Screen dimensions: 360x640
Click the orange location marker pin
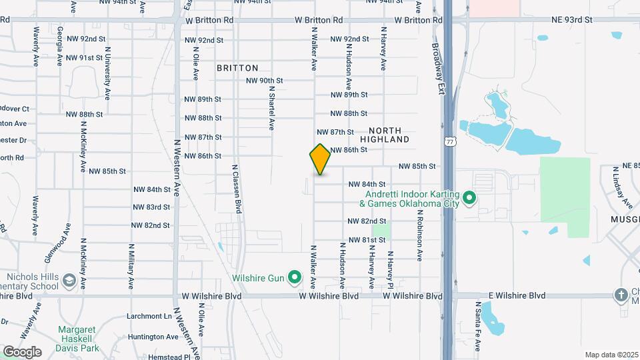coord(320,159)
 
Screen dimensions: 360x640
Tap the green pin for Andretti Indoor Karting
coord(469,198)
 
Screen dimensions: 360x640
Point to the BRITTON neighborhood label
coord(237,68)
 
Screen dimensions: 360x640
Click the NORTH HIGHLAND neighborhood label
coord(385,135)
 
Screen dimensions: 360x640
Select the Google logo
coord(22,351)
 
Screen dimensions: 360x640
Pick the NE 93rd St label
coord(571,20)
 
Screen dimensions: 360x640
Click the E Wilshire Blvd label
coord(517,295)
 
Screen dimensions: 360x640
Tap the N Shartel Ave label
coord(271,110)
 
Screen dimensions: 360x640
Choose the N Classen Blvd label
coord(235,188)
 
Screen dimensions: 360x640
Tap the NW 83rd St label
coord(149,207)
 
